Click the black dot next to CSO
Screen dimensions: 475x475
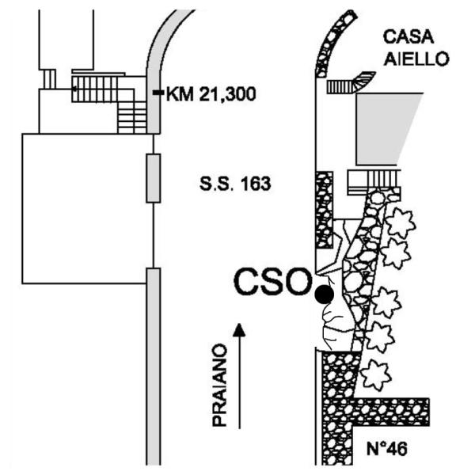coord(323,294)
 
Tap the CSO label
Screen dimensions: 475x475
coord(272,282)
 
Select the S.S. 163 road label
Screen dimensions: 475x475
coord(235,186)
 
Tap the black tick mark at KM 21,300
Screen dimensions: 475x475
coord(158,94)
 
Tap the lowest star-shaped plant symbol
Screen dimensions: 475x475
coord(374,372)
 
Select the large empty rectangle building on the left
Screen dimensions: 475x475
coord(85,208)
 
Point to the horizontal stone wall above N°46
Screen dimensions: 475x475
coord(388,409)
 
